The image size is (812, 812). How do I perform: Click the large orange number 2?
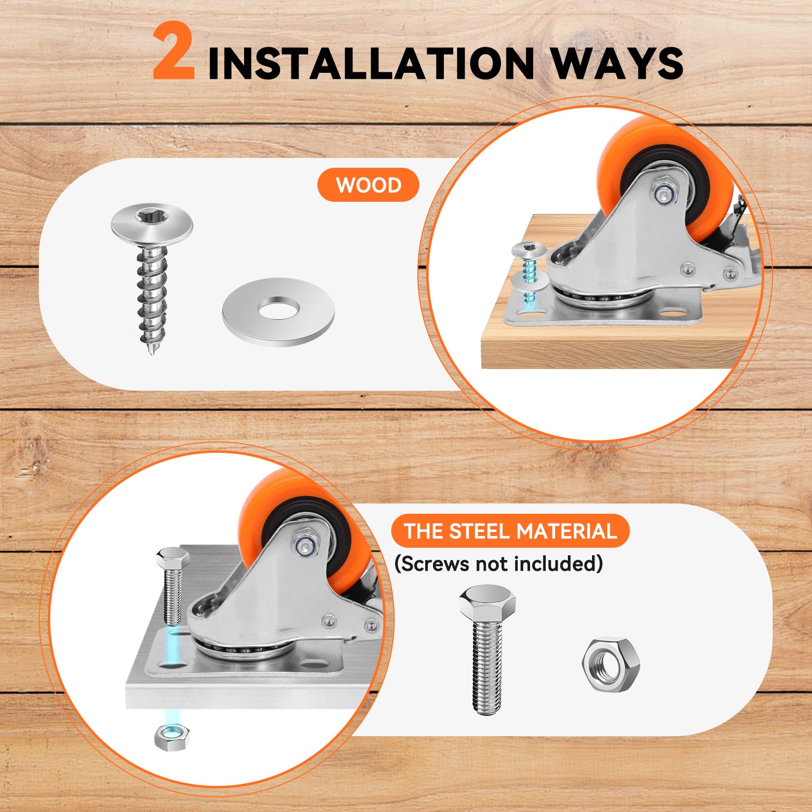coord(173,52)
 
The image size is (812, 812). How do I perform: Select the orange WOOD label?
coord(368,185)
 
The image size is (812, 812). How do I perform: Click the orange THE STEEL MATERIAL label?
coord(510,531)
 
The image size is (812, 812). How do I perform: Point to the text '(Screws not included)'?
coord(499,563)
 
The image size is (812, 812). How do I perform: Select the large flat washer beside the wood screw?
coord(278,312)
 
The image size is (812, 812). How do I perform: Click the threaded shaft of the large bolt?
coord(487,669)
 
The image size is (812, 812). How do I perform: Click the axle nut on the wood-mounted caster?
coord(664,193)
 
